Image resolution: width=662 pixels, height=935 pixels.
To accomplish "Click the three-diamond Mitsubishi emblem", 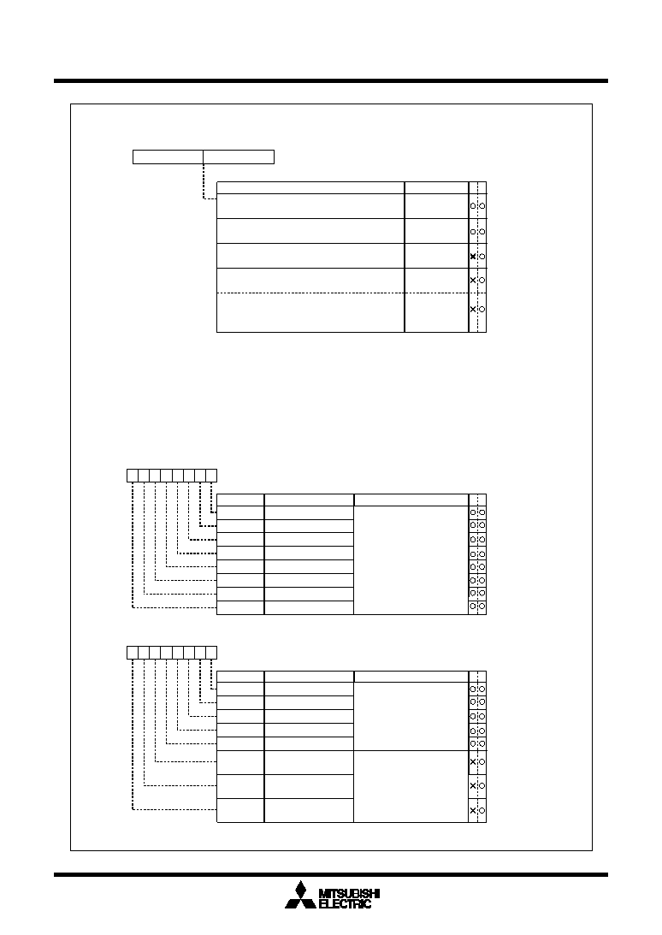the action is tap(300, 895).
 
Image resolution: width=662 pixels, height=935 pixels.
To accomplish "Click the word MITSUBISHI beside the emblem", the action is tap(350, 893).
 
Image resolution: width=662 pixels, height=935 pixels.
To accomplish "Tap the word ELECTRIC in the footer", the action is tap(346, 903).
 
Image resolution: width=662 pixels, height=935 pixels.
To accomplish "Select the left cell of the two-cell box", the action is tap(168, 157).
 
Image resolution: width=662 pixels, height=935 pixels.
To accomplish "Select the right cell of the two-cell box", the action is tap(239, 157).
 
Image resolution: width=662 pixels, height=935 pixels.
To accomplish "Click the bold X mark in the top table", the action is tap(473, 257).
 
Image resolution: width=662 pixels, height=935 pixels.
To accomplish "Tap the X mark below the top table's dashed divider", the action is tap(473, 309).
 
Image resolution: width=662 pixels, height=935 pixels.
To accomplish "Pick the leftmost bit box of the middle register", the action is tap(133, 476).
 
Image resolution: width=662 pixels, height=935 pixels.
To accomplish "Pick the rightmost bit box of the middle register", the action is tap(211, 476).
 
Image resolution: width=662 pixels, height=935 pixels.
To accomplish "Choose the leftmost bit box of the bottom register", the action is tap(133, 653).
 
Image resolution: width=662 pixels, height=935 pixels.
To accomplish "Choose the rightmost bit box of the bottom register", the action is tap(211, 653).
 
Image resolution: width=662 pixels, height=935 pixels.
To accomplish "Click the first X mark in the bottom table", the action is tap(473, 761).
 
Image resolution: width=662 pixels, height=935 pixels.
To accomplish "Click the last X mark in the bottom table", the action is tap(473, 810).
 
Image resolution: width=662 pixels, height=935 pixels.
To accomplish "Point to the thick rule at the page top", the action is tap(331, 80).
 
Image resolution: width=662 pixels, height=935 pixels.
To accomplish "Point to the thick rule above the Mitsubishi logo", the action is tap(331, 875).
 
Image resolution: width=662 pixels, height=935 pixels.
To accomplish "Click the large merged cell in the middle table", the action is tap(411, 560).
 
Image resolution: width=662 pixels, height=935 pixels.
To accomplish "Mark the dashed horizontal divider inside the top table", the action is tap(342, 293).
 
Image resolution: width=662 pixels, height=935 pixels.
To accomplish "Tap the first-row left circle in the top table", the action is tap(473, 205).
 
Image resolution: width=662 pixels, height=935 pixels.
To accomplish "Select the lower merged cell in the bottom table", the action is tap(411, 786).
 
